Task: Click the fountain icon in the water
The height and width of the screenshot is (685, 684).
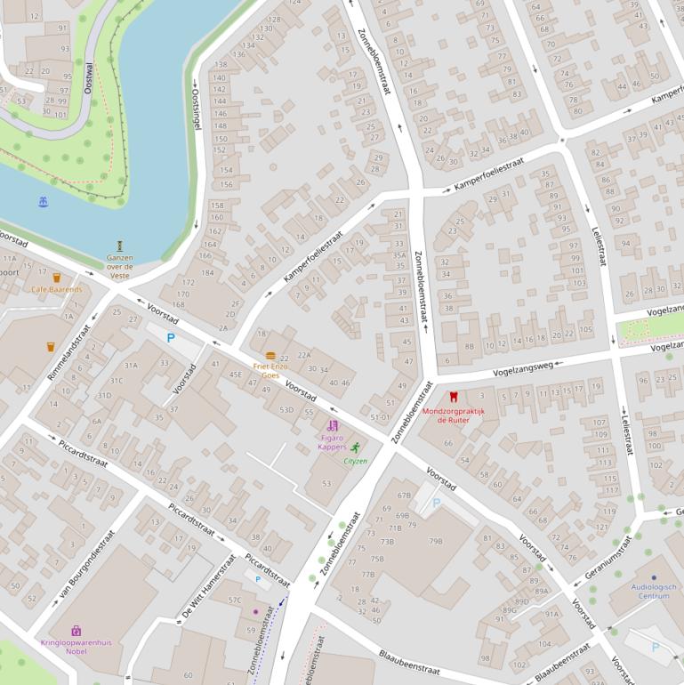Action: tap(44, 203)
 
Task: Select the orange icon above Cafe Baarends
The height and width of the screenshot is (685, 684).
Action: tap(56, 278)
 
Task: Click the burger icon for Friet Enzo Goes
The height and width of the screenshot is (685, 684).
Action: tap(270, 356)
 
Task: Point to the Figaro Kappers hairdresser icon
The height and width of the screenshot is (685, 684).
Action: tap(333, 426)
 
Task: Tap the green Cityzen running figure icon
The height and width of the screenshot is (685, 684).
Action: tap(356, 448)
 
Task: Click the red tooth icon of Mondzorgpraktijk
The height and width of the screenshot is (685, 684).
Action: tap(454, 397)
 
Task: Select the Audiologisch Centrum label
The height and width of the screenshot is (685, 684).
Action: tap(654, 591)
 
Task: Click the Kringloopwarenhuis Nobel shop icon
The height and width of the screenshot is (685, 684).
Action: tap(76, 631)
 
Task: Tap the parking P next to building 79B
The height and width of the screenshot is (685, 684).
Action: tap(436, 504)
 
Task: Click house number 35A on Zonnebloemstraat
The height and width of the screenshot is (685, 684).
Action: tap(399, 255)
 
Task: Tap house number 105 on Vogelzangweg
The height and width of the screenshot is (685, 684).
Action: tap(585, 330)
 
